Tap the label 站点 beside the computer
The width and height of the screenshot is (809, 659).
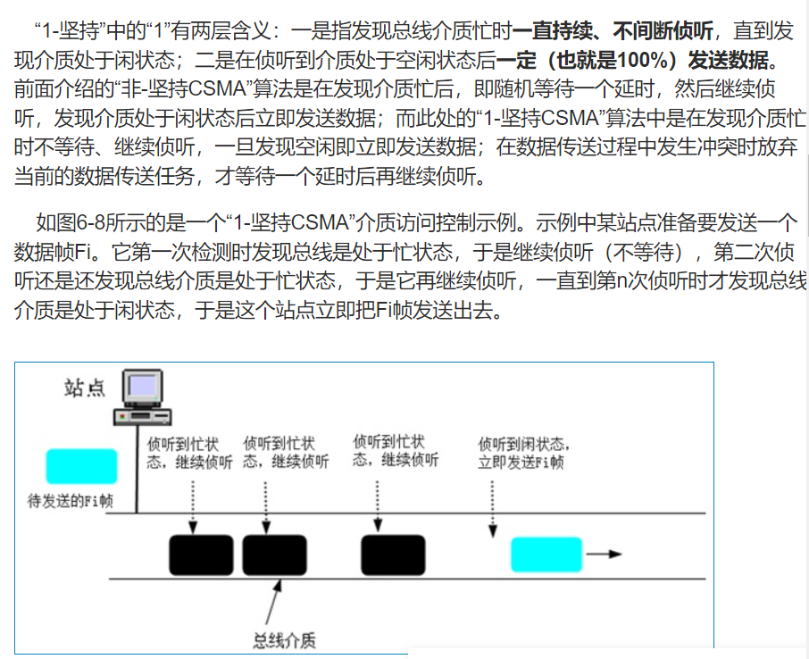(x=84, y=388)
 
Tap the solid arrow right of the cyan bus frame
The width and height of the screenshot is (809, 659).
(x=604, y=554)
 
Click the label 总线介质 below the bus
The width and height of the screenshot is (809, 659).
(x=285, y=639)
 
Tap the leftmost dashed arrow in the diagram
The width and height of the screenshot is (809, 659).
(x=193, y=504)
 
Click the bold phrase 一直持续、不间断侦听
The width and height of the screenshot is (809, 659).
(x=613, y=32)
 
